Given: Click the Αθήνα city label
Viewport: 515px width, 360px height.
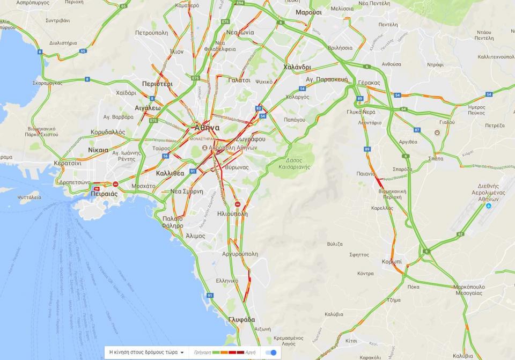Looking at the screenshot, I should click(207, 128).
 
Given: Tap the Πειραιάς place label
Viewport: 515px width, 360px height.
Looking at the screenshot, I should click(104, 194).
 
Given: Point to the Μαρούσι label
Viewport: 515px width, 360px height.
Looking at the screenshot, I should click(308, 12).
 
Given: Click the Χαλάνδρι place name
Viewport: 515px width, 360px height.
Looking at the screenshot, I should click(297, 67).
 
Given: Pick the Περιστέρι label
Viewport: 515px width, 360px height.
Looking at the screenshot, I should click(157, 84).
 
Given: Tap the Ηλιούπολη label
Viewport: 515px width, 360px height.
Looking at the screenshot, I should click(232, 213).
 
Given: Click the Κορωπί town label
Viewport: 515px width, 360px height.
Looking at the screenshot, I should click(392, 261).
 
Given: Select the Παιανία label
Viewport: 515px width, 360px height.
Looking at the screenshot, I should click(366, 173).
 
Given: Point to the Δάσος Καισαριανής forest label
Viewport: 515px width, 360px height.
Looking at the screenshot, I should click(293, 163).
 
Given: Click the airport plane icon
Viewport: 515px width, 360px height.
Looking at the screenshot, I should click(488, 205).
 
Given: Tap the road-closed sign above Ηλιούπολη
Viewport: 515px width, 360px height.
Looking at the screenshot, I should click(238, 204).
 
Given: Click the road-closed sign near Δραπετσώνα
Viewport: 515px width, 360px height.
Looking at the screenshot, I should click(115, 184).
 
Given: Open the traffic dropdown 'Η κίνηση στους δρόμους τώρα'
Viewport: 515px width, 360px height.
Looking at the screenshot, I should click(146, 352).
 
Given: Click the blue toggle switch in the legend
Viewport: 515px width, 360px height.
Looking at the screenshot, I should click(272, 352).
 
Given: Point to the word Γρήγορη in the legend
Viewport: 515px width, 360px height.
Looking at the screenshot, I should click(203, 352).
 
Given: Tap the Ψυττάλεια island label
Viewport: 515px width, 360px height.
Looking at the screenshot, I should click(29, 197).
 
